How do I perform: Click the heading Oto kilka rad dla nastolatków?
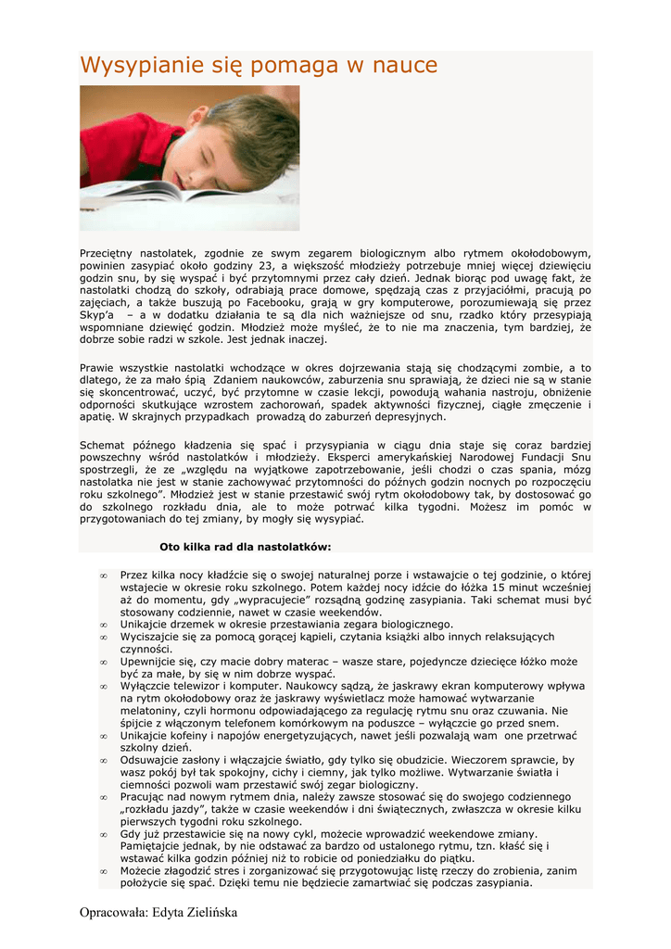245,547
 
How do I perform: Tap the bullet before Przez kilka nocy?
104,576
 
